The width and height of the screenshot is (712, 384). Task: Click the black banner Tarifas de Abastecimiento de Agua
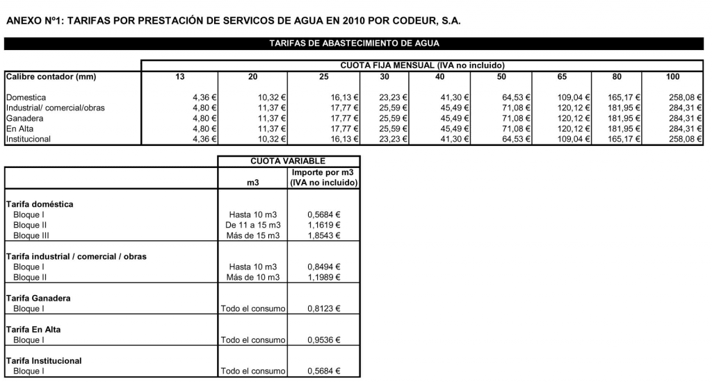[x=355, y=44]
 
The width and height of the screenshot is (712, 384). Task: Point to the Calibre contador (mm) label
[x=51, y=76]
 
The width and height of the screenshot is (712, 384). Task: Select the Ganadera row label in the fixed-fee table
[x=25, y=118]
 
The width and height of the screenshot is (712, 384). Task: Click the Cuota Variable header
[x=288, y=161]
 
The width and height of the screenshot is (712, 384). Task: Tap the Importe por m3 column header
[x=323, y=177]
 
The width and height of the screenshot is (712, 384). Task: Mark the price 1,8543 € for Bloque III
[x=324, y=235]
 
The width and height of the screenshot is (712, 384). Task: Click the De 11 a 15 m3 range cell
[x=252, y=225]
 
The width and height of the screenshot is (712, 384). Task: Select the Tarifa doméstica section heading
[x=40, y=204]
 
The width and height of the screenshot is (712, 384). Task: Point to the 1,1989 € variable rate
[x=324, y=277]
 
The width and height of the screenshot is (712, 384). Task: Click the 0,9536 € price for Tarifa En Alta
[x=324, y=340]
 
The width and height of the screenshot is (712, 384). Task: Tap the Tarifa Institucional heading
[x=44, y=360]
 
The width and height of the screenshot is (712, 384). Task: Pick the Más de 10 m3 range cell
[x=252, y=277]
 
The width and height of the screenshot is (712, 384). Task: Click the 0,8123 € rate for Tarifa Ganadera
[x=324, y=308]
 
